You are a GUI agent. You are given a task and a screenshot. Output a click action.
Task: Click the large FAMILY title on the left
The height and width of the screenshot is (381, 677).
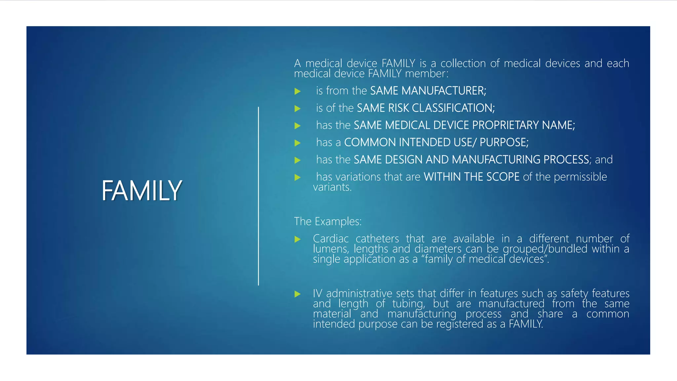coord(141,190)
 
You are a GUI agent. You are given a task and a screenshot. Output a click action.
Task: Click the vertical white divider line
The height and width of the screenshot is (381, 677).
coord(259,196)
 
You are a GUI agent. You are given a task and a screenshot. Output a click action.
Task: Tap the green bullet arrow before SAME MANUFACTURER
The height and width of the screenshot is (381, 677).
coord(298,91)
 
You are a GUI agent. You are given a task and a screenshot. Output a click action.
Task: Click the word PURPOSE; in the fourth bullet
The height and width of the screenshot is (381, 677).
coord(504,142)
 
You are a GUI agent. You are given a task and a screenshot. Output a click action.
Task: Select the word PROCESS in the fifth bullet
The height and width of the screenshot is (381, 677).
coord(566,159)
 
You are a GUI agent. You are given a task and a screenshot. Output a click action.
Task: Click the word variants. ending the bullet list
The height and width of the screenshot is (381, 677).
coord(332,187)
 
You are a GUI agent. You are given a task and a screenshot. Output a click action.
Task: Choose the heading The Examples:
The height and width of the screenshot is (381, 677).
coord(328,221)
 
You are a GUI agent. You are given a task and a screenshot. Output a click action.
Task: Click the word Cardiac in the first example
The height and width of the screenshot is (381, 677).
coord(331,238)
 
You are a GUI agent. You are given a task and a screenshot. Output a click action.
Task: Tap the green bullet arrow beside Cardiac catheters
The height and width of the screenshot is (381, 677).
coord(298,239)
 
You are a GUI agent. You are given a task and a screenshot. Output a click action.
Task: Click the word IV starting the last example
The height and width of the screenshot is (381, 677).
coord(317,293)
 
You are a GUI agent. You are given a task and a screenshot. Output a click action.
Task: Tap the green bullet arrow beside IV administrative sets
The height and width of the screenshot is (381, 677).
coord(298,294)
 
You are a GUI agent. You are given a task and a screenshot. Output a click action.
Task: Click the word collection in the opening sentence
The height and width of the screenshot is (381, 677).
coord(463,63)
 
